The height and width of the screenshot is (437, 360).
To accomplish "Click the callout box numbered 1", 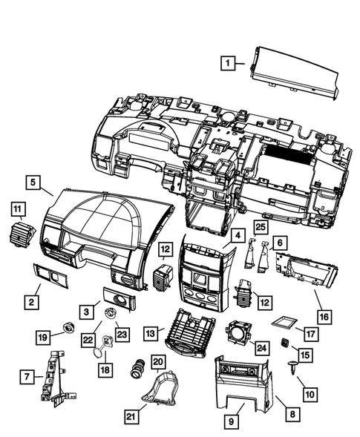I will tap(230, 63).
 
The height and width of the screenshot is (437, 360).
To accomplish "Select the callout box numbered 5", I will tap(32, 180).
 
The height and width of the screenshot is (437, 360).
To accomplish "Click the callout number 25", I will tap(260, 226).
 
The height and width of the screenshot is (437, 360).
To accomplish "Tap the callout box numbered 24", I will tap(261, 346).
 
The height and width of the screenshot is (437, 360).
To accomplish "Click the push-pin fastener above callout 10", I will tap(299, 364).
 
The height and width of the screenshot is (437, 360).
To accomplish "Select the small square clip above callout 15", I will tap(284, 342).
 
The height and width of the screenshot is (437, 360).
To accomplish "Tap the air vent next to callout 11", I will tap(18, 236).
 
